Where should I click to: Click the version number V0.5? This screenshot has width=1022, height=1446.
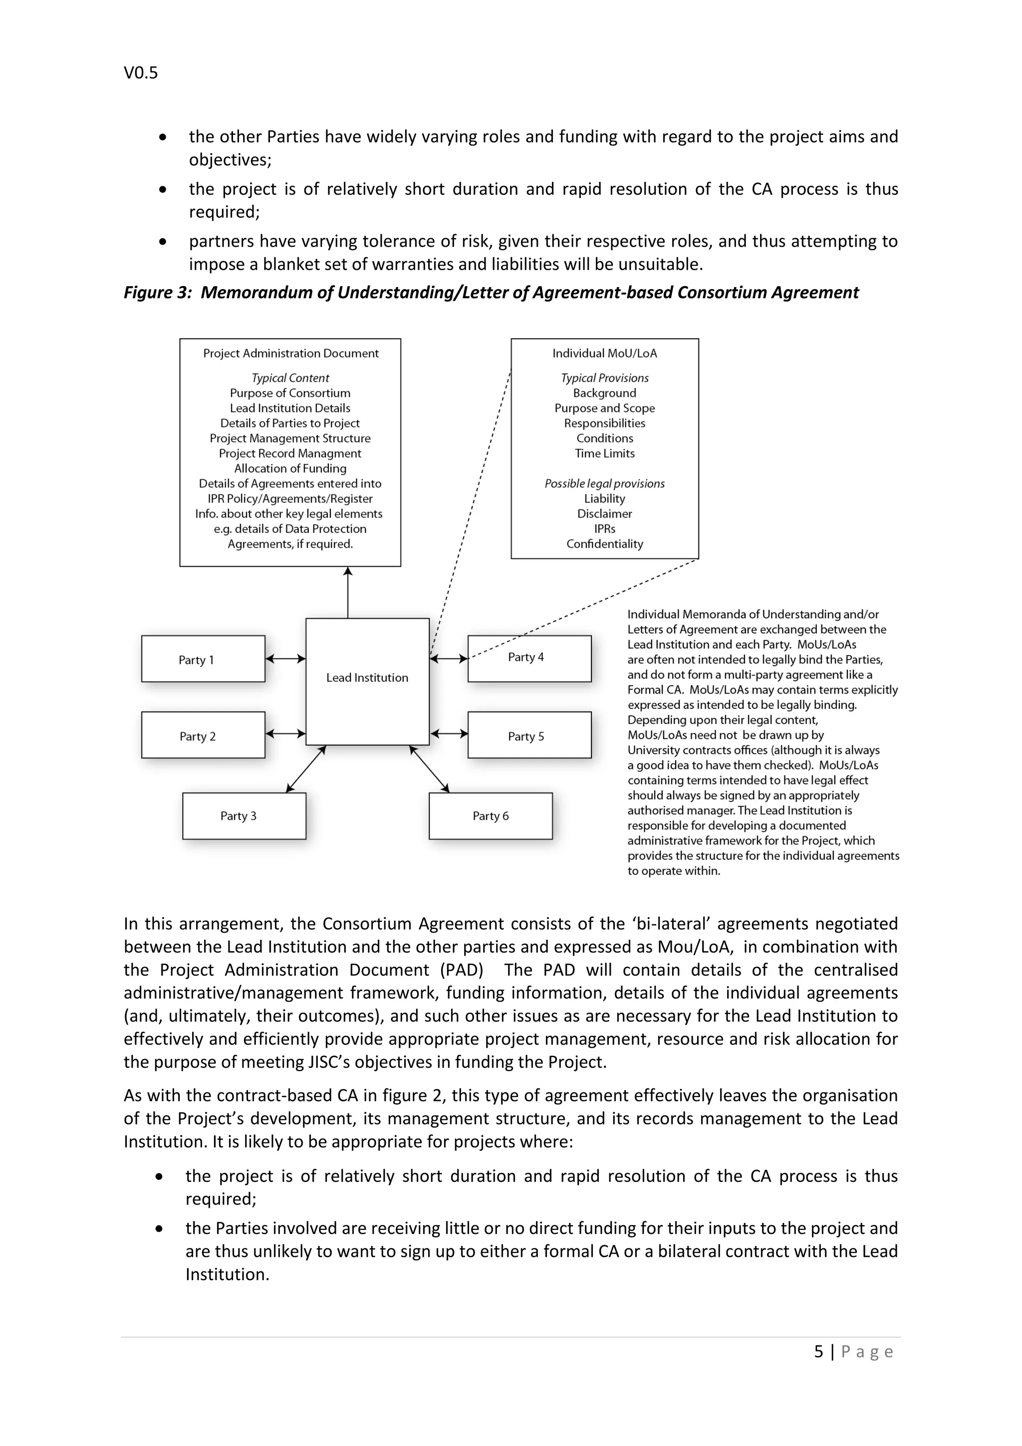pyautogui.click(x=140, y=73)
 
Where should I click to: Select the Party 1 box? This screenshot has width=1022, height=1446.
pyautogui.click(x=203, y=659)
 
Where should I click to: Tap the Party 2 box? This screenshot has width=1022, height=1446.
pyautogui.click(x=203, y=735)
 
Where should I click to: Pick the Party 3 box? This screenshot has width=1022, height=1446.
pyautogui.click(x=244, y=815)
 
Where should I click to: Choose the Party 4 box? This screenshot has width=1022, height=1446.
pyautogui.click(x=529, y=658)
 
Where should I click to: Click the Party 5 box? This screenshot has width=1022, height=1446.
pyautogui.click(x=529, y=735)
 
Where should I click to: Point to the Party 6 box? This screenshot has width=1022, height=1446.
pyautogui.click(x=490, y=815)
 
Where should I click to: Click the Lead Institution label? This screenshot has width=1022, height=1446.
pyautogui.click(x=367, y=678)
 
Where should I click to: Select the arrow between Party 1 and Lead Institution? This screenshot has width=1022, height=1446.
pyautogui.click(x=285, y=659)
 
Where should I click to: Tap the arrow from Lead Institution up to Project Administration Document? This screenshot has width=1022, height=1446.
pyautogui.click(x=347, y=592)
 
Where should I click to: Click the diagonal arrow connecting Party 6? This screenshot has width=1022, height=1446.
pyautogui.click(x=429, y=769)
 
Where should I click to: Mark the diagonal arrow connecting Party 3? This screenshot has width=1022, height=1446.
pyautogui.click(x=306, y=769)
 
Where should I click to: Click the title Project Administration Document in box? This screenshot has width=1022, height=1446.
pyautogui.click(x=290, y=354)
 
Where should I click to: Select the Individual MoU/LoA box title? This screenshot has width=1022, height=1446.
pyautogui.click(x=604, y=354)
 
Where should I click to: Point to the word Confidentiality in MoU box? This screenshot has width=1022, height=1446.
pyautogui.click(x=604, y=544)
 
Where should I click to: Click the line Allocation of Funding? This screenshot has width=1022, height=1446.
pyautogui.click(x=290, y=468)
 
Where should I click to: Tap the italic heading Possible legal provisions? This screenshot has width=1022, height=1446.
pyautogui.click(x=604, y=484)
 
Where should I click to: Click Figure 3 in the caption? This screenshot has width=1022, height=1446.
pyautogui.click(x=157, y=293)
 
